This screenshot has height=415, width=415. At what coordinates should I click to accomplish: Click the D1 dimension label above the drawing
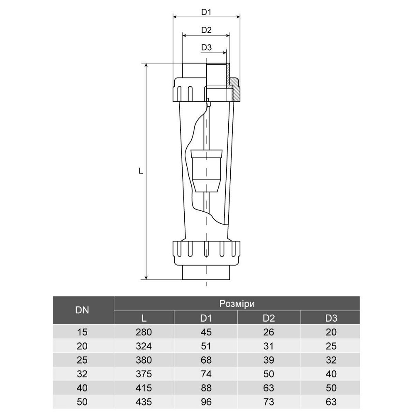tap(206, 12)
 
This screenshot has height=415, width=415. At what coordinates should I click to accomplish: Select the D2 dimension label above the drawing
tap(206, 30)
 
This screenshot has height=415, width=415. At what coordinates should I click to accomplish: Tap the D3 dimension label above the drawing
tap(206, 47)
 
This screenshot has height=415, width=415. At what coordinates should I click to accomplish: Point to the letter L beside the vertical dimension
tap(141, 171)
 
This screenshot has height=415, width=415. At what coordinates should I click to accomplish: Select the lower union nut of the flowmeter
tap(206, 252)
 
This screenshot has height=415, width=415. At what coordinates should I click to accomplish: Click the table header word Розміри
tap(237, 303)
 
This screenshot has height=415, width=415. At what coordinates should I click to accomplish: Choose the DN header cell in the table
tap(83, 310)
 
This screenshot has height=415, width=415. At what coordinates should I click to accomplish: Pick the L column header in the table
tap(144, 318)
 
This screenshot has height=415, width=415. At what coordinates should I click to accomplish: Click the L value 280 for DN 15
tap(144, 332)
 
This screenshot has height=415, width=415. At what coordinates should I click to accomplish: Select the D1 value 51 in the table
tap(206, 346)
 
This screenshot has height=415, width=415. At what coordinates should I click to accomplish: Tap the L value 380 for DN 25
tap(144, 360)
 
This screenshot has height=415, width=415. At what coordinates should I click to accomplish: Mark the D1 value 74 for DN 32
tap(206, 374)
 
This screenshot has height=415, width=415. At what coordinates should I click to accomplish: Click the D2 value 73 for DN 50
tap(269, 402)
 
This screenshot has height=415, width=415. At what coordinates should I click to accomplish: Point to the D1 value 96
tap(206, 402)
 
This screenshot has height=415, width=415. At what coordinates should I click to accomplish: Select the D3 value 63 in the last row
tap(331, 402)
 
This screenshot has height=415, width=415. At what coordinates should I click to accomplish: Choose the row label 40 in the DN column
tap(83, 388)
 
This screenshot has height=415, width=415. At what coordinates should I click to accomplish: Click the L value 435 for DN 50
tap(144, 402)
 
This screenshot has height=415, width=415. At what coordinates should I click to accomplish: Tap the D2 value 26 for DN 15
tap(269, 332)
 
